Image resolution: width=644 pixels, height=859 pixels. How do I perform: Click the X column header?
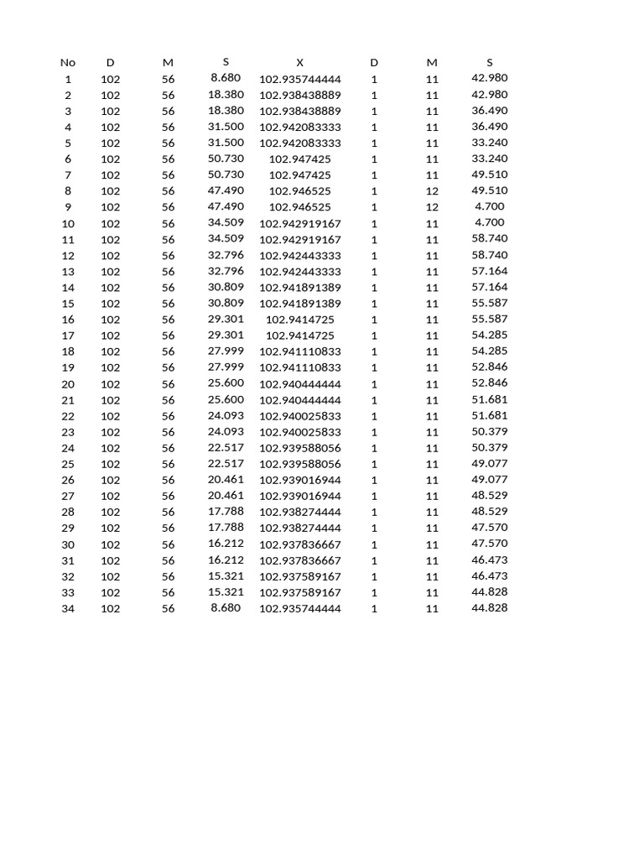pyautogui.click(x=300, y=62)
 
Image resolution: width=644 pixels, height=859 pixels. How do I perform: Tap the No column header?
pyautogui.click(x=68, y=62)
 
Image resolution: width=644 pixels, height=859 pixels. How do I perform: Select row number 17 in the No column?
pyautogui.click(x=68, y=336)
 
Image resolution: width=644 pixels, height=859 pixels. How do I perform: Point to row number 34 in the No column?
pyautogui.click(x=68, y=609)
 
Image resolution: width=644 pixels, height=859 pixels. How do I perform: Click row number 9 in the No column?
pyautogui.click(x=68, y=207)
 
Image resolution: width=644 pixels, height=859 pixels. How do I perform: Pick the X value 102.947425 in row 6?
pyautogui.click(x=300, y=159)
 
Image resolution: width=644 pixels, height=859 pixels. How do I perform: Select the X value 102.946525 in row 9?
pyautogui.click(x=300, y=207)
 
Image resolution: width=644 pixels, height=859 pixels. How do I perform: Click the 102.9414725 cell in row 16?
pyautogui.click(x=300, y=320)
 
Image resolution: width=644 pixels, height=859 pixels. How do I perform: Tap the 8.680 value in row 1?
pyautogui.click(x=226, y=78)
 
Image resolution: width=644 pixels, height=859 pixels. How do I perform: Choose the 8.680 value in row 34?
pyautogui.click(x=226, y=608)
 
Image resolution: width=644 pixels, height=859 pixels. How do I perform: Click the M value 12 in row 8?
pyautogui.click(x=432, y=191)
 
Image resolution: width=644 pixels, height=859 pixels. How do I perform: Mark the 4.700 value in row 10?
pyautogui.click(x=490, y=222)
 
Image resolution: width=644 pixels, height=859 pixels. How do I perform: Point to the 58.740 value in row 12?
pyautogui.click(x=490, y=255)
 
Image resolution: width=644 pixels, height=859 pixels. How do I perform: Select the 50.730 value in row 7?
pyautogui.click(x=226, y=174)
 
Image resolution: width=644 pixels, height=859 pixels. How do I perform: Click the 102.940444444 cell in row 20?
pyautogui.click(x=300, y=384)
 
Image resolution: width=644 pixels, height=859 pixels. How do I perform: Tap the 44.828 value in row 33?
pyautogui.click(x=490, y=592)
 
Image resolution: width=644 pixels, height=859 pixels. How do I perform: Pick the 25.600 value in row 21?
pyautogui.click(x=226, y=399)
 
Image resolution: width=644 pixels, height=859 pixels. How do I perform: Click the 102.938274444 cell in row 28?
pyautogui.click(x=300, y=513)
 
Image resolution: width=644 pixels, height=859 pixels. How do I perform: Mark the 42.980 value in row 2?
pyautogui.click(x=490, y=94)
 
